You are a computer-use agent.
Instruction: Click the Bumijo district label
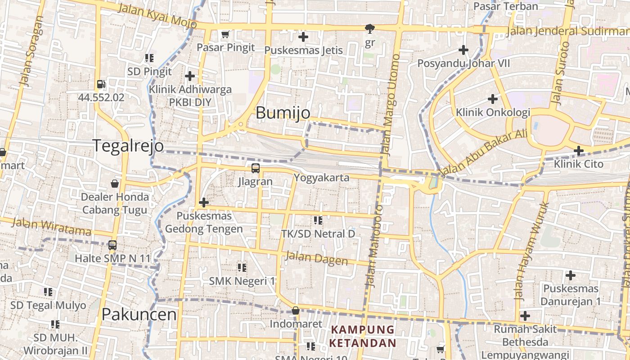point(283,112)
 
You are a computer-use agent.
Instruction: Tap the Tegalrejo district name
point(128,146)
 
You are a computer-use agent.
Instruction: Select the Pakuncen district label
point(139,315)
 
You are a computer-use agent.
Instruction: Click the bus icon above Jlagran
point(256,168)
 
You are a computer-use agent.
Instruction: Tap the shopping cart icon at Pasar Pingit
point(225,35)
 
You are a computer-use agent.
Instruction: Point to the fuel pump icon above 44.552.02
point(101,84)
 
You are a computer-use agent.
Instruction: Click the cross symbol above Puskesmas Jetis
point(303,37)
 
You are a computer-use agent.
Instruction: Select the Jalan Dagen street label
point(316,258)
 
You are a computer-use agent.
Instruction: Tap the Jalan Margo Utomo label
point(390,104)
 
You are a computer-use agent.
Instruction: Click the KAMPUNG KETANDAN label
point(363,336)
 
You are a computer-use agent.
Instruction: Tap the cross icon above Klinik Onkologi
point(493,99)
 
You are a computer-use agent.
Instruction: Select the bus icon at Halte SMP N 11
point(112,245)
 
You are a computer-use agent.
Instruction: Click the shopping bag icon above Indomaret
point(296,310)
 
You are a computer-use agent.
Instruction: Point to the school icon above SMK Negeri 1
point(242,268)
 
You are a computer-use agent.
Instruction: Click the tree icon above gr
point(369,29)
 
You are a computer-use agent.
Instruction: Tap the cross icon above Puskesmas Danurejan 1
point(571,275)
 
